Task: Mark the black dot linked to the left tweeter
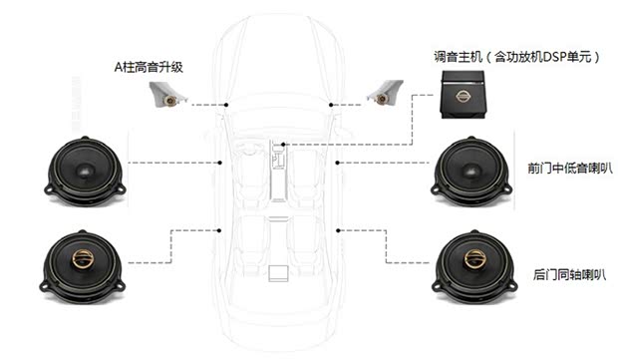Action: click(228, 104)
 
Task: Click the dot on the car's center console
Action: click(283, 145)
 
